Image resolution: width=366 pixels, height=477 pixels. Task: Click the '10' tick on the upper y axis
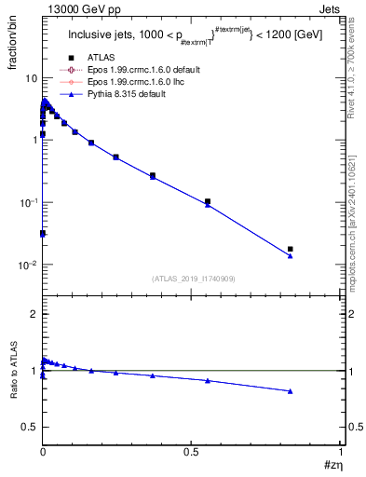coord(31,77)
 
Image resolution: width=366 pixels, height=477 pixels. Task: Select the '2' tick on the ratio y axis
coord(34,315)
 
